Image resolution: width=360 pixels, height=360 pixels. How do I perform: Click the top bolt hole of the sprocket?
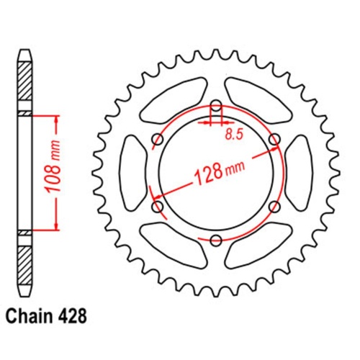(215, 108)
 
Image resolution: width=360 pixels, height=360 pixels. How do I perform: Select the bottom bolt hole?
(215, 238)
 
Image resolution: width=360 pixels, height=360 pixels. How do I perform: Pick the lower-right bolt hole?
(273, 207)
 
